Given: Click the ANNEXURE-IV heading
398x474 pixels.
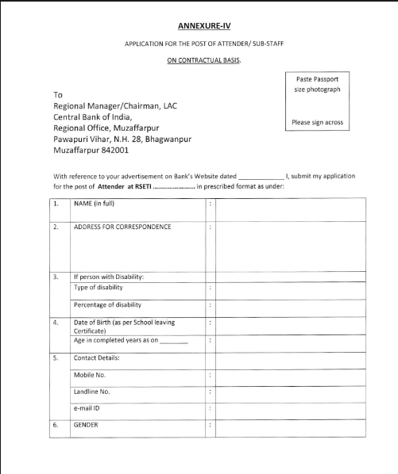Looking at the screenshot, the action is pyautogui.click(x=199, y=25).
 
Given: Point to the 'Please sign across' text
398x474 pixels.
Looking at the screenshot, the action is pyautogui.click(x=317, y=122).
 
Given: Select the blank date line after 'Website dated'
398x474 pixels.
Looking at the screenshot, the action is pyautogui.click(x=260, y=177).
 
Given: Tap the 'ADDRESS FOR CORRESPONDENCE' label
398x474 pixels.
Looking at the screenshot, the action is pyautogui.click(x=122, y=227).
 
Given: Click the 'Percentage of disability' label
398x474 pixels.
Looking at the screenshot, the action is pyautogui.click(x=107, y=304).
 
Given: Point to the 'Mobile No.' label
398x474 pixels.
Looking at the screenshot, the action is pyautogui.click(x=91, y=373).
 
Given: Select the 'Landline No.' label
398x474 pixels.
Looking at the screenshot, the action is pyautogui.click(x=92, y=392).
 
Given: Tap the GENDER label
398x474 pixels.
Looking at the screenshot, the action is pyautogui.click(x=87, y=425).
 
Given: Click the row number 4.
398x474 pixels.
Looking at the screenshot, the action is pyautogui.click(x=56, y=323).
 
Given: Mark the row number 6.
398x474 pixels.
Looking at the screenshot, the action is pyautogui.click(x=56, y=425).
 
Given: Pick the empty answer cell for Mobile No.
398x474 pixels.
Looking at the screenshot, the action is pyautogui.click(x=290, y=374).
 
